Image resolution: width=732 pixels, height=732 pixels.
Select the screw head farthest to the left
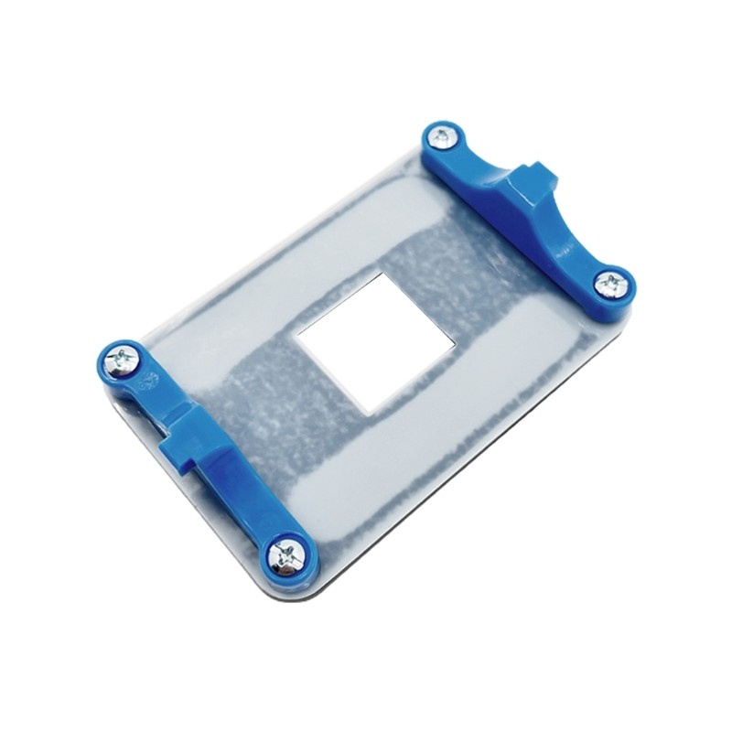[121, 357]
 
